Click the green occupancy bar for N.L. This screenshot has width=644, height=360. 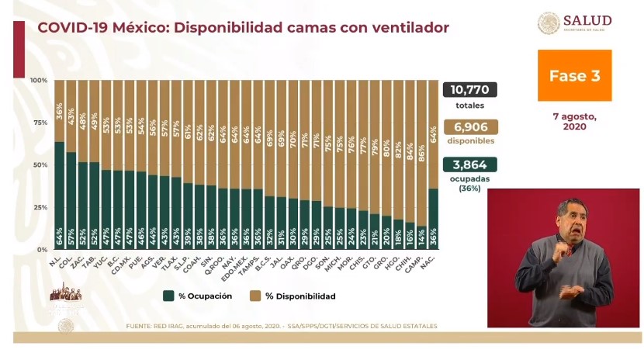[60, 194]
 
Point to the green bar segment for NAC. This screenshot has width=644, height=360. [433, 217]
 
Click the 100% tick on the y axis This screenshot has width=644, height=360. [39, 81]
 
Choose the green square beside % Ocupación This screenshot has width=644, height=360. [168, 296]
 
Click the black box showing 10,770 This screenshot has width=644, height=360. [469, 90]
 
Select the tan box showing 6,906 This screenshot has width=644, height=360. [469, 127]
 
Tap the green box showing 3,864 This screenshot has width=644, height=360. [469, 164]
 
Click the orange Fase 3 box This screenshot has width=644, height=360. [575, 75]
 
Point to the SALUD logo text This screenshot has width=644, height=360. [587, 20]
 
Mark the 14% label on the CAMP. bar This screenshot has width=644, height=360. [421, 241]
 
